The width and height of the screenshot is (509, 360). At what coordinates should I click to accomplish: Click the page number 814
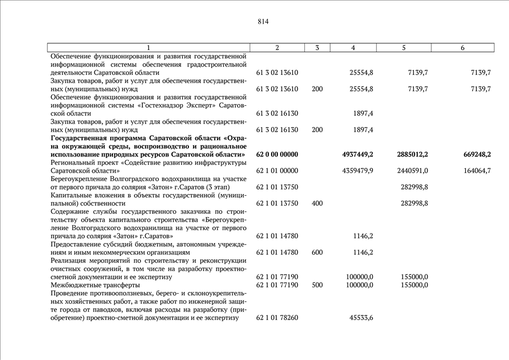point(263,22)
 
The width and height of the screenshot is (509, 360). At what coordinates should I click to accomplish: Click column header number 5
point(404,48)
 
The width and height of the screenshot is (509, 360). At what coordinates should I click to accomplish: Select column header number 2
point(277,48)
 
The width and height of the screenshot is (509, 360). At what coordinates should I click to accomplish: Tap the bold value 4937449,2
point(357,154)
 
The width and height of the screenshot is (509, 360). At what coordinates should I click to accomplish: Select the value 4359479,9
point(357,170)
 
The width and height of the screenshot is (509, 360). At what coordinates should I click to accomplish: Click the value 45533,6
point(361,318)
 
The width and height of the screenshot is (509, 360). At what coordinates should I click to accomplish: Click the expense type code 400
point(317,203)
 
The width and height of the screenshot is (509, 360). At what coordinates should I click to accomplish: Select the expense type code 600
point(317,253)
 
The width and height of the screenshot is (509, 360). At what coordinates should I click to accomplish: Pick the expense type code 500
point(317,285)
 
